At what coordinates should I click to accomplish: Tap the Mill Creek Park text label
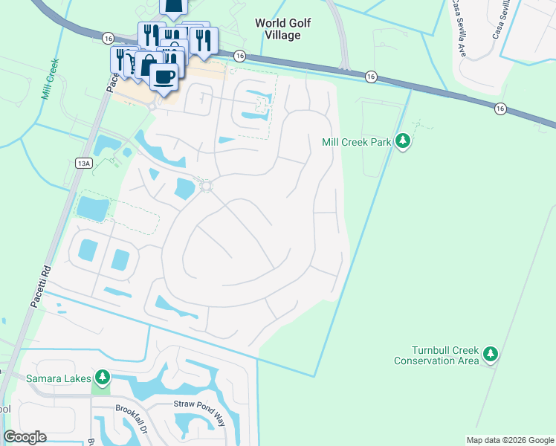356,141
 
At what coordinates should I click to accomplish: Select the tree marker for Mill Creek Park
402,140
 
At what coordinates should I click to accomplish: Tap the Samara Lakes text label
57,378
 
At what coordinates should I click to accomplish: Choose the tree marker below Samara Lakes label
103,378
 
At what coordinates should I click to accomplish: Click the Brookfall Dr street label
133,409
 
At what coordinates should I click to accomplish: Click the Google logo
25,437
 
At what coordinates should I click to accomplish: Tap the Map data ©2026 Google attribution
509,440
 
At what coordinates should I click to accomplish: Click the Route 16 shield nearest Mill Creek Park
369,77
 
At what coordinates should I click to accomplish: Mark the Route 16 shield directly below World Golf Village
239,56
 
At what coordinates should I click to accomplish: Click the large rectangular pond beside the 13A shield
92,209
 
